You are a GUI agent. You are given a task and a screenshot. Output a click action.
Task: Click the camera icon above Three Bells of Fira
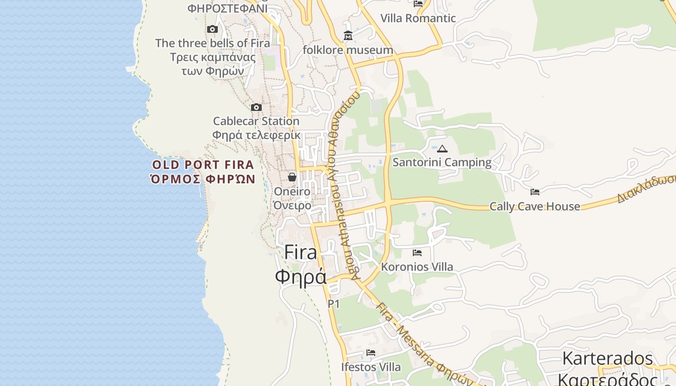(x=212, y=29)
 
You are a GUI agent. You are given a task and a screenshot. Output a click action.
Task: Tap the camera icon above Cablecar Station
(x=256, y=107)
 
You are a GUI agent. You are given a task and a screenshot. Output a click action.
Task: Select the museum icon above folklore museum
(x=348, y=36)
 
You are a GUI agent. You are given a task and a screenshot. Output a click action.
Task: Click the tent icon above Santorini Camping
(x=442, y=149)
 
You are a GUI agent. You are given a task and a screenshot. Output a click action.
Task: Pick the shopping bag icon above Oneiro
(x=292, y=177)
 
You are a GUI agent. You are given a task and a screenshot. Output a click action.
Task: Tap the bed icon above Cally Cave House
(x=535, y=192)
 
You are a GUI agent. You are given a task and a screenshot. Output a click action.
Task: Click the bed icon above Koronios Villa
(x=417, y=253)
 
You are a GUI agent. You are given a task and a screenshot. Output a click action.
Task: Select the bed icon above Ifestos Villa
(x=371, y=353)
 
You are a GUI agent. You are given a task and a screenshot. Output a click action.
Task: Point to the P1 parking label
(x=334, y=304)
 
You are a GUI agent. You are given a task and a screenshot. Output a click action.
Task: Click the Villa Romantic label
(x=418, y=18)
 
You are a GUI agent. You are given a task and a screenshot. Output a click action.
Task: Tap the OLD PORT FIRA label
(x=203, y=165)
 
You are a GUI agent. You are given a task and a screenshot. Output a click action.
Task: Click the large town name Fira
(x=300, y=252)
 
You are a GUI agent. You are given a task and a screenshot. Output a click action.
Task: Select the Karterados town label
(x=607, y=358)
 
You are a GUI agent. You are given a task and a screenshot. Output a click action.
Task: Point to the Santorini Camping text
(x=442, y=163)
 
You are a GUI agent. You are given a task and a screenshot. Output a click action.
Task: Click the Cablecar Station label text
(x=256, y=121)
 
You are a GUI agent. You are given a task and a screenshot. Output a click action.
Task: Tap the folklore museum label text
(x=348, y=50)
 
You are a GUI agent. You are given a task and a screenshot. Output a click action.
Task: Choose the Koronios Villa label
(x=417, y=267)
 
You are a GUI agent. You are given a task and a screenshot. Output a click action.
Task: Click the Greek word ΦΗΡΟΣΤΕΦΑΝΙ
(x=227, y=8)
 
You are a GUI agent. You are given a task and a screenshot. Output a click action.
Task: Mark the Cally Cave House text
(x=535, y=207)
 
